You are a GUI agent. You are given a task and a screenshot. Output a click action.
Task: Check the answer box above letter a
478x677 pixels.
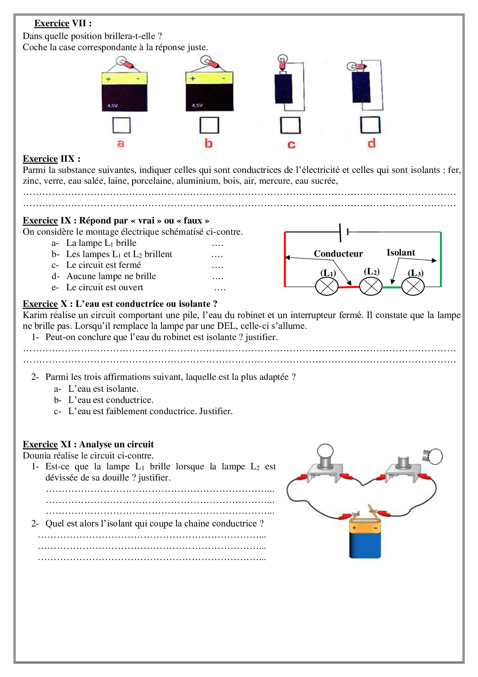[121, 125]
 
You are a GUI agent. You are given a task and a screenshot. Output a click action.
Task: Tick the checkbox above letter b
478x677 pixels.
[209, 125]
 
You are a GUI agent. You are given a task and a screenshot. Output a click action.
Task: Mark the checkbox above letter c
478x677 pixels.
[290, 125]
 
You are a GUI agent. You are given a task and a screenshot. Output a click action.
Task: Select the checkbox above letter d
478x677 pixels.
[370, 125]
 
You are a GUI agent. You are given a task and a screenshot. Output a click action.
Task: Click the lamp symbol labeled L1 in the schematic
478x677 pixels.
[327, 287]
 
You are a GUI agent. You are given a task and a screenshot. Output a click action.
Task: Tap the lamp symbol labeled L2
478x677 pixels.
[371, 287]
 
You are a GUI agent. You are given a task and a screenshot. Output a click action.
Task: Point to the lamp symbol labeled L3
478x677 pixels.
[413, 287]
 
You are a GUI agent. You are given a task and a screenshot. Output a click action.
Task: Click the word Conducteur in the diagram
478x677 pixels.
[338, 254]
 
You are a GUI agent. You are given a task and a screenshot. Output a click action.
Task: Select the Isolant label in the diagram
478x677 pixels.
[401, 252]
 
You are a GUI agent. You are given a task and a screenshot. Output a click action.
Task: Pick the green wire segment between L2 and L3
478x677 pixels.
[392, 287]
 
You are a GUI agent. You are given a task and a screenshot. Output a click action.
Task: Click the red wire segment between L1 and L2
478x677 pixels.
[349, 287]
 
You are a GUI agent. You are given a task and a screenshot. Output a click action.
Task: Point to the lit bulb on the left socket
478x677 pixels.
[325, 451]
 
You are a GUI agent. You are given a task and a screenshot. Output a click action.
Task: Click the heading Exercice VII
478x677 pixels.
[63, 23]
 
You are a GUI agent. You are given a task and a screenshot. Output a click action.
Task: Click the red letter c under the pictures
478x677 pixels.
[291, 145]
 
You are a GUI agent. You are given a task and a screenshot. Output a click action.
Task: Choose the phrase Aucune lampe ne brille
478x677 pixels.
[111, 276]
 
